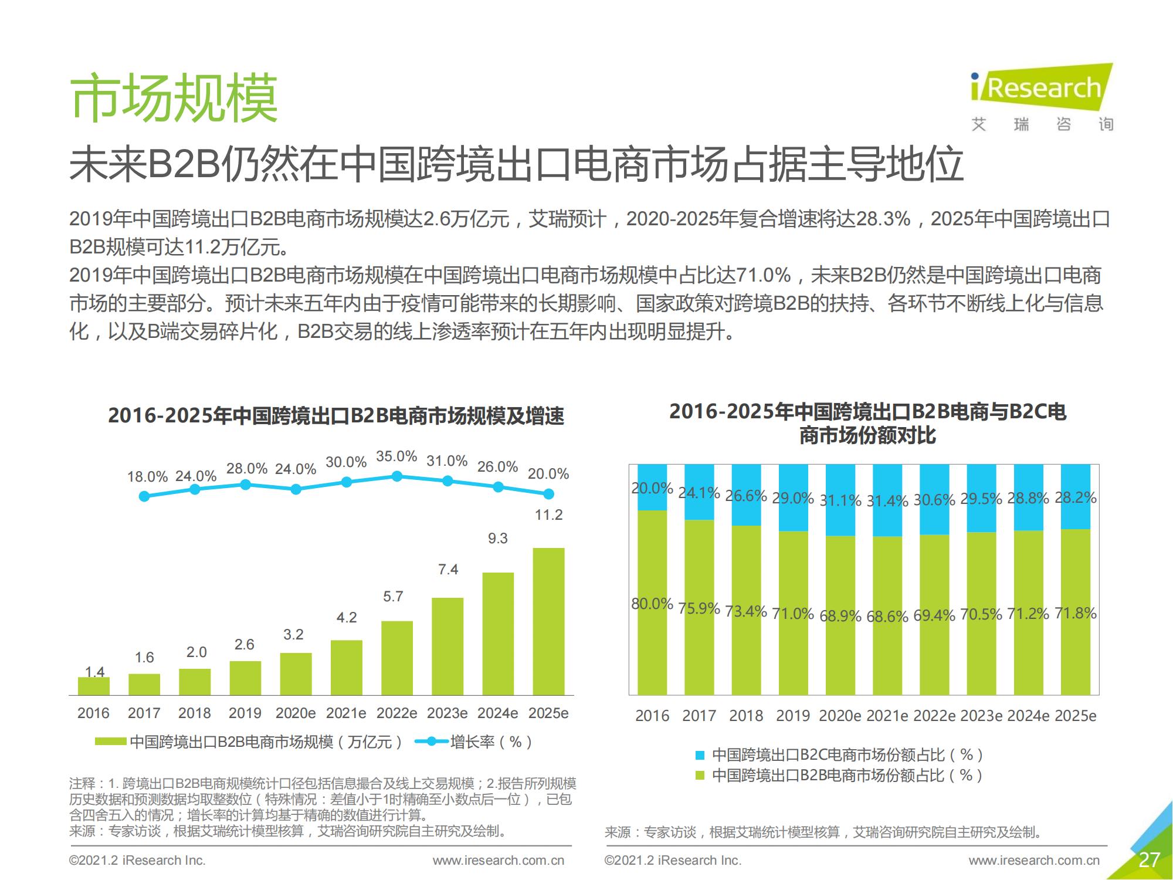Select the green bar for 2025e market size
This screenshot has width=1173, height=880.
(548, 622)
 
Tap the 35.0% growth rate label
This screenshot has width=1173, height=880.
(396, 456)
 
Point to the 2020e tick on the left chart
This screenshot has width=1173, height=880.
(296, 713)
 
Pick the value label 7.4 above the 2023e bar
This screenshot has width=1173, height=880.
(448, 570)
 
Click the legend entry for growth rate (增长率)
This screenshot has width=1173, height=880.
(474, 742)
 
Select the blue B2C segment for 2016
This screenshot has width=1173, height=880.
(652, 487)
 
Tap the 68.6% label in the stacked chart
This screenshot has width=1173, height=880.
(887, 617)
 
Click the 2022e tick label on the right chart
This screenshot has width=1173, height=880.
(934, 716)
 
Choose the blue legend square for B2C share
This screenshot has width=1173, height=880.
(699, 755)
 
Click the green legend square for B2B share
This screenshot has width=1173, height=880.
(699, 776)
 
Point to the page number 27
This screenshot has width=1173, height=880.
(1148, 860)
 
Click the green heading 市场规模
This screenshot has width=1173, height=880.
(174, 99)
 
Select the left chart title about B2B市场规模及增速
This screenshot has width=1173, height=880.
(335, 416)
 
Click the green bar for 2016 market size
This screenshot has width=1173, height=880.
(94, 686)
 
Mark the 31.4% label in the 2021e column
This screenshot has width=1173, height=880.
(887, 501)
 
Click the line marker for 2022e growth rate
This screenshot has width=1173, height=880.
(397, 476)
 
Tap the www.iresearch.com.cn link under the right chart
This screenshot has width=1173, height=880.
(1034, 861)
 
